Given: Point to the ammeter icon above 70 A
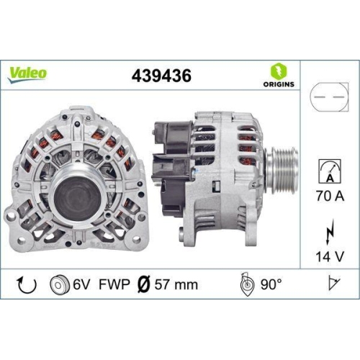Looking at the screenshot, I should point(324,172).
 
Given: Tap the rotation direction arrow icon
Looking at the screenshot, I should point(27,284).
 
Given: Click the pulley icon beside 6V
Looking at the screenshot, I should point(59,284).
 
